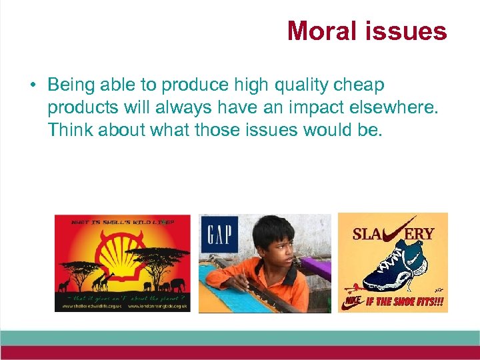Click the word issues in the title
click(407, 31)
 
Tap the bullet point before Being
click(31, 86)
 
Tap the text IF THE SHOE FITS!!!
click(404, 302)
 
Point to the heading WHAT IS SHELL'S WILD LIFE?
click(122, 221)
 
